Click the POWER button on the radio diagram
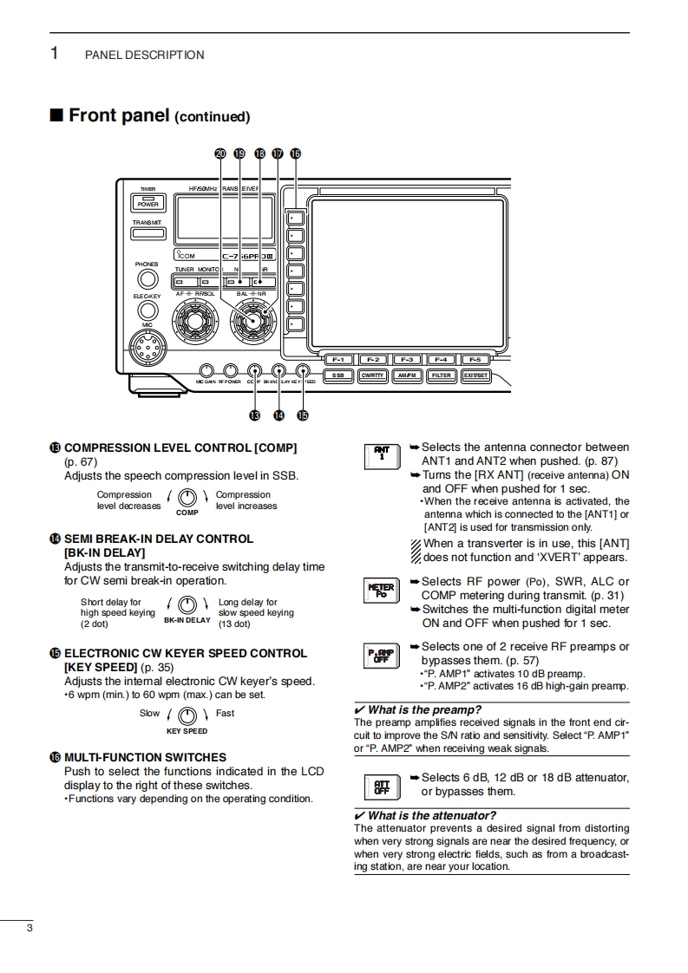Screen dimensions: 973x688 click(148, 203)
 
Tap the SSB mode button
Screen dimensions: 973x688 click(337, 375)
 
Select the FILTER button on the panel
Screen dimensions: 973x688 click(442, 375)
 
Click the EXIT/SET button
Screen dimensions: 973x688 click(476, 375)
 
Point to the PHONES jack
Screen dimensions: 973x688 click(147, 279)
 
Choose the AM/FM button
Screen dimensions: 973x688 click(407, 375)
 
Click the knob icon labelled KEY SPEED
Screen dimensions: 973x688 click(187, 716)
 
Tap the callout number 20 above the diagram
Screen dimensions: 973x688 click(220, 153)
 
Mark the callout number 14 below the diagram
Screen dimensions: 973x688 click(278, 415)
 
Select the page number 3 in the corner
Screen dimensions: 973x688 click(29, 930)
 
